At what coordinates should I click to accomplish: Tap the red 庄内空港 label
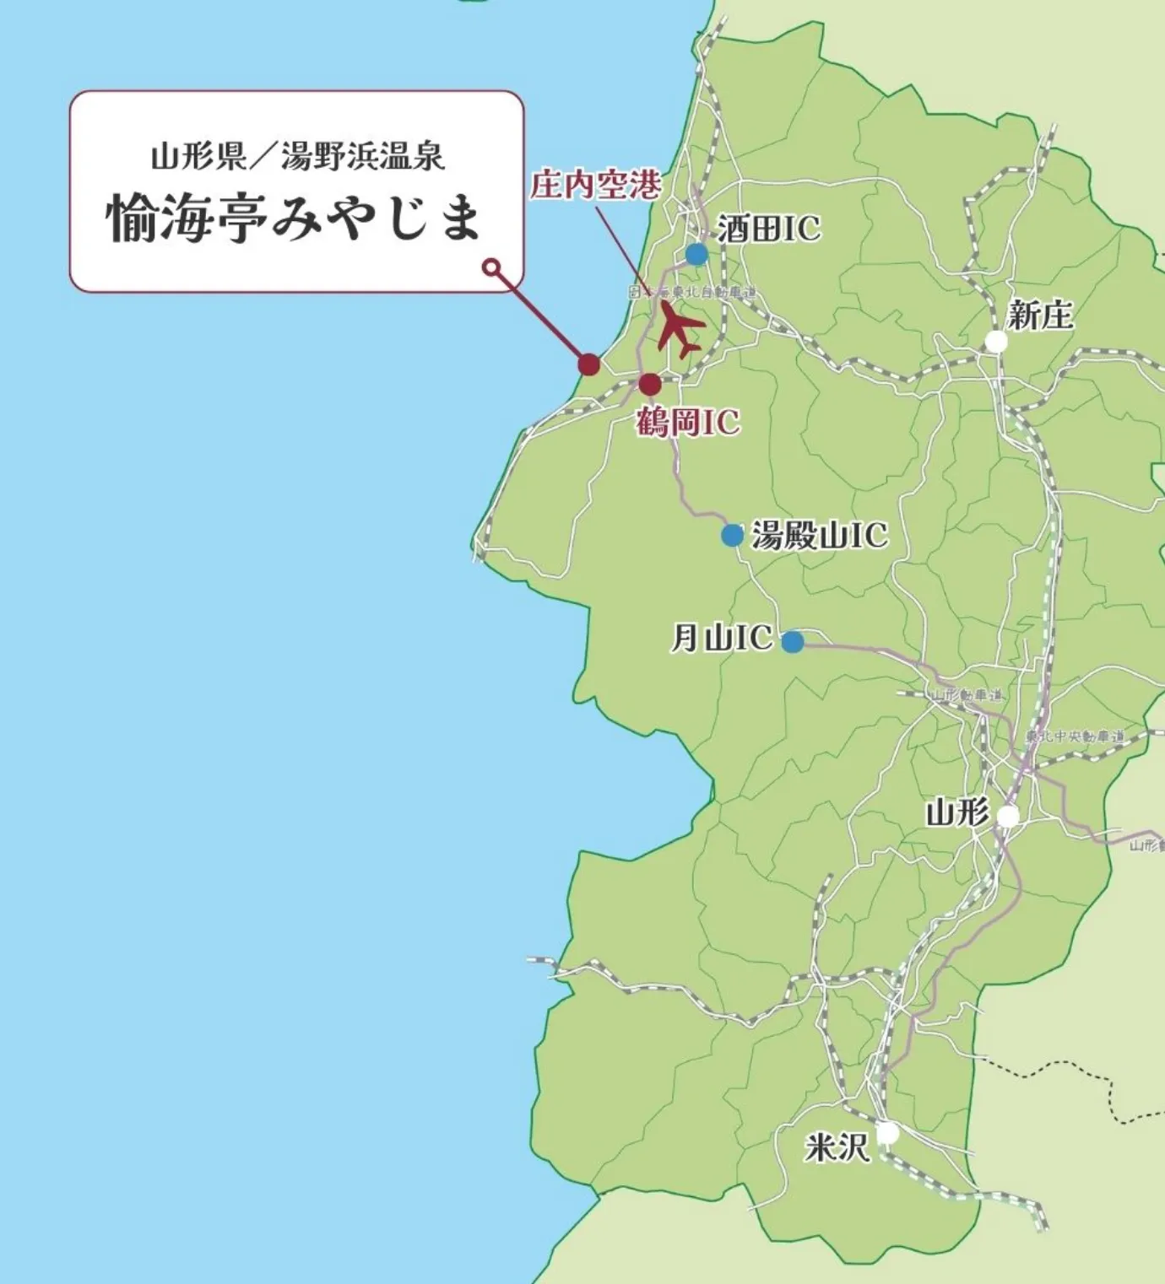click(595, 185)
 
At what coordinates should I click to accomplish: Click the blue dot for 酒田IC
click(696, 254)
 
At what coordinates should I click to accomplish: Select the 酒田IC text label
click(768, 229)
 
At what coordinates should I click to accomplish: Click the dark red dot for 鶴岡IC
click(649, 385)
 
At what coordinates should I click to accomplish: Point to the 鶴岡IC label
click(687, 422)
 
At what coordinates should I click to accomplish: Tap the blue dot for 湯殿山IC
click(732, 535)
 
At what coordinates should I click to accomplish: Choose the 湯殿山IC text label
click(819, 535)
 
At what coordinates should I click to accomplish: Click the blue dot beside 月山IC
click(792, 642)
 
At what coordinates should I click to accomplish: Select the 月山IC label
click(721, 638)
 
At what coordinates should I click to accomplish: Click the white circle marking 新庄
click(996, 342)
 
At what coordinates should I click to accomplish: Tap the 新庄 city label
click(1040, 316)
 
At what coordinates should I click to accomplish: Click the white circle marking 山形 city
click(1007, 817)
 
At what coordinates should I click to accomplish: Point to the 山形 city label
click(957, 813)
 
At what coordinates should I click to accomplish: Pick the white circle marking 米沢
click(887, 1133)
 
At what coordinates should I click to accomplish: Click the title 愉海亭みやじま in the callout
click(295, 218)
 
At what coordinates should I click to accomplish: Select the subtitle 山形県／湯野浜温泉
click(297, 157)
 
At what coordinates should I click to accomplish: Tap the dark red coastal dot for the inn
click(588, 364)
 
